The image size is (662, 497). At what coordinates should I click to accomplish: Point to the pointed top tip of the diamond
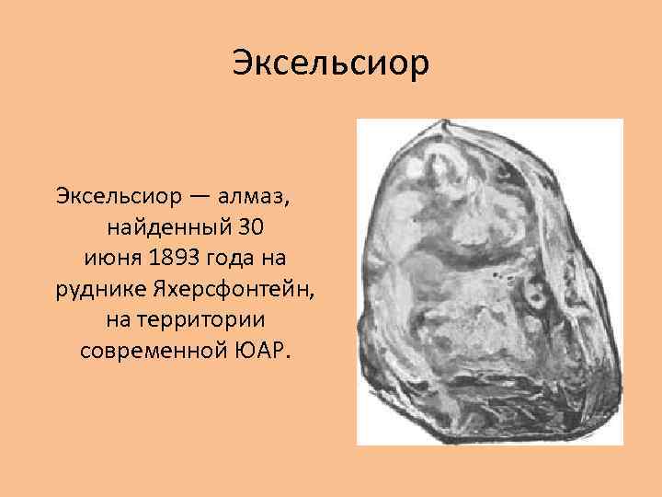(444, 122)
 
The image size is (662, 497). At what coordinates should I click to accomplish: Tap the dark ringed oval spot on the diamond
(533, 294)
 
